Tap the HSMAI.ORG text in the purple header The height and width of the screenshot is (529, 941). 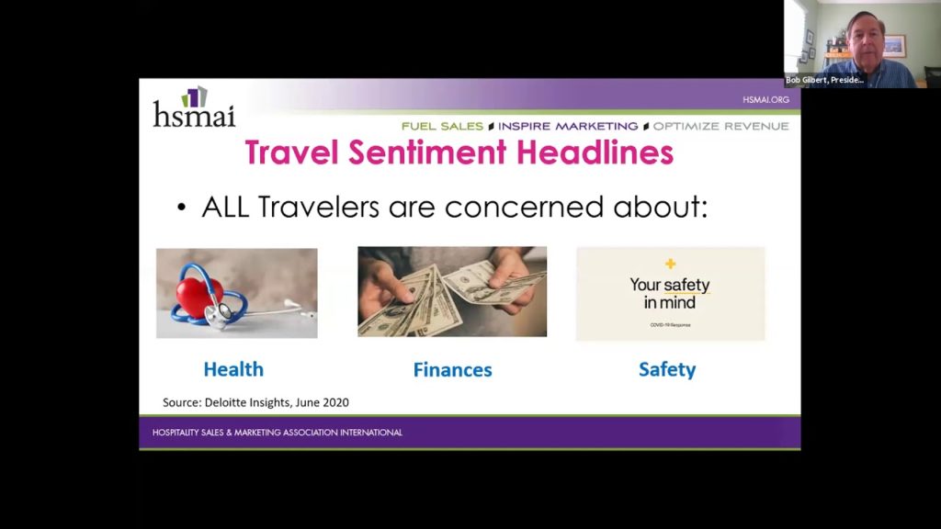(x=765, y=99)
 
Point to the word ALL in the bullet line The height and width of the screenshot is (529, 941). (x=227, y=207)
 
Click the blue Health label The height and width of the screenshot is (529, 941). (x=233, y=369)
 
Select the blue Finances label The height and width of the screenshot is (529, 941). (x=452, y=370)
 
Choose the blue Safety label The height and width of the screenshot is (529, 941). (x=667, y=369)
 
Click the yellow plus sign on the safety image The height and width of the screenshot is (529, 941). (x=670, y=264)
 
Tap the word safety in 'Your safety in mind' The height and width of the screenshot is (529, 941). (x=687, y=285)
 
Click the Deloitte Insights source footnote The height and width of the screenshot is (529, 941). (x=255, y=402)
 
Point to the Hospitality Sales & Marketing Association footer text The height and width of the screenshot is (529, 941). (x=277, y=433)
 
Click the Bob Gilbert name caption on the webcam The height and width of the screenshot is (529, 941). (x=824, y=80)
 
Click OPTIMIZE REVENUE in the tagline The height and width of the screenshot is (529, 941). (x=720, y=126)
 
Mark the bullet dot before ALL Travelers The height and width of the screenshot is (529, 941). (x=181, y=208)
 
